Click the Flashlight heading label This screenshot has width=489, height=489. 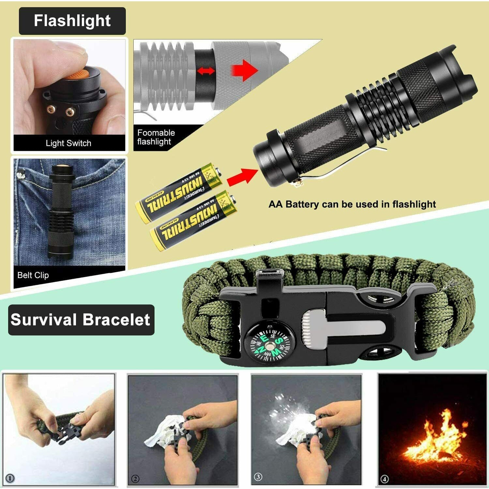click(x=72, y=21)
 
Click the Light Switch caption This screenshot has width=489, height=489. click(x=68, y=143)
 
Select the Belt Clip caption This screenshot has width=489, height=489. click(x=33, y=275)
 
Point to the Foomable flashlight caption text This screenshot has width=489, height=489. click(x=156, y=137)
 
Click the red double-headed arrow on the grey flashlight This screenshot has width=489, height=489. click(x=205, y=71)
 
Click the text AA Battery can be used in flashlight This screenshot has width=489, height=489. click(x=352, y=204)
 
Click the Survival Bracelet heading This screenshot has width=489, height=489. click(x=81, y=319)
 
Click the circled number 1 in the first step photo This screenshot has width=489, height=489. click(x=10, y=478)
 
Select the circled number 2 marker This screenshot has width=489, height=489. click(x=135, y=479)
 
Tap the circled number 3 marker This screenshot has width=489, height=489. click(x=258, y=477)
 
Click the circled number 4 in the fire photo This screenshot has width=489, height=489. click(x=385, y=479)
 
